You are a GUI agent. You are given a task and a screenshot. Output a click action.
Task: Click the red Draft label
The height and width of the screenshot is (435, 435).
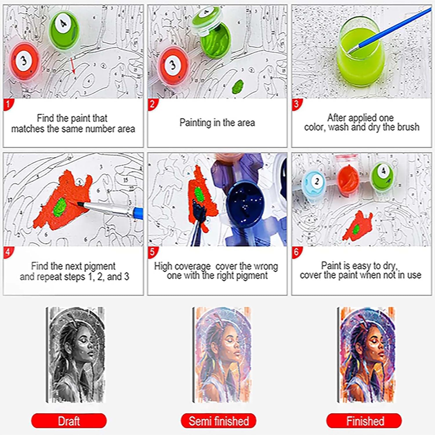click(x=69, y=421)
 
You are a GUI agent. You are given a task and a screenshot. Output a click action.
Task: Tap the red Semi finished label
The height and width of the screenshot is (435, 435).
click(x=219, y=421)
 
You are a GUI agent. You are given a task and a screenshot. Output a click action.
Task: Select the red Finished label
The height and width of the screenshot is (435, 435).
click(x=364, y=421)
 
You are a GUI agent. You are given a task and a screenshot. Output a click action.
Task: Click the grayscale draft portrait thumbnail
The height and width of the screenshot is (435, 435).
click(x=75, y=355)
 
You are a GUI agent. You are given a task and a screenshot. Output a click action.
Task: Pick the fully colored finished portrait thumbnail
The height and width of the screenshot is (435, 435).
click(x=366, y=355)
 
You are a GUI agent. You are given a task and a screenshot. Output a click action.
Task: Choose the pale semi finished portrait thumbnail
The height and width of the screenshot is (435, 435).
click(x=222, y=355)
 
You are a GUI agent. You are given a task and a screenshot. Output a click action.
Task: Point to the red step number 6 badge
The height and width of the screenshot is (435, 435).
click(x=296, y=252)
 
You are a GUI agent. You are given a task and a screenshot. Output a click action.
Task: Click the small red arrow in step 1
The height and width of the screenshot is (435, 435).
click(x=72, y=65)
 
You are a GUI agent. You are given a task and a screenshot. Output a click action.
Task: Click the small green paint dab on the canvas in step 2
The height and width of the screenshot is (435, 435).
click(x=238, y=86)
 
